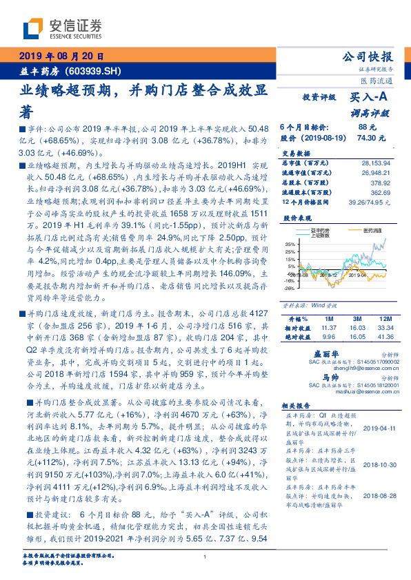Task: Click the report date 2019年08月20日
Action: [x=61, y=56]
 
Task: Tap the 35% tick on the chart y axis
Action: [x=290, y=243]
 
